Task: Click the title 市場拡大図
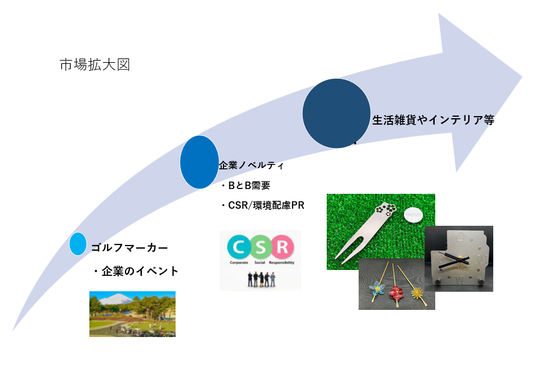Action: (x=95, y=65)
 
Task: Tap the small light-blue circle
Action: (x=78, y=244)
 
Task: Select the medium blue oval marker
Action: (x=200, y=162)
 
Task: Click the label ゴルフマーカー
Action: (x=129, y=248)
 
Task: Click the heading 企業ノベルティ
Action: (x=251, y=166)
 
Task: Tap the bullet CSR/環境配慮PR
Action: (x=262, y=206)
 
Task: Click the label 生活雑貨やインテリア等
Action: (x=433, y=120)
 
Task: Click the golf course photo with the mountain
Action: (x=132, y=314)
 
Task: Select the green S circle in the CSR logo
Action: (x=260, y=247)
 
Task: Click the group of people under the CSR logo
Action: (x=260, y=279)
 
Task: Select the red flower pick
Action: (x=396, y=292)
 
